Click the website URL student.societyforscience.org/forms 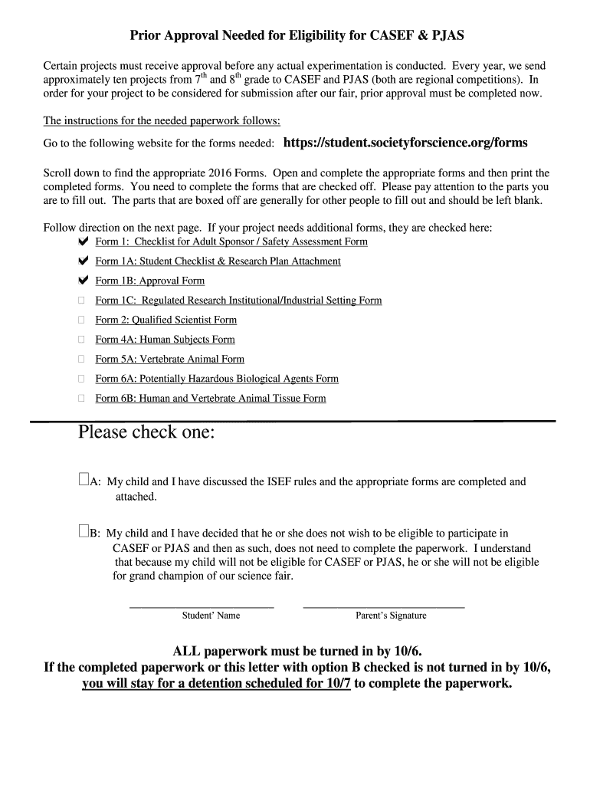click(x=405, y=143)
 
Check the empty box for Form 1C click(x=82, y=301)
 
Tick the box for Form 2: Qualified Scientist click(x=82, y=320)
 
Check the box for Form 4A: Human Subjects click(x=82, y=340)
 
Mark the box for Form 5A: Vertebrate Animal click(x=82, y=359)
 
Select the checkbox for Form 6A click(x=82, y=379)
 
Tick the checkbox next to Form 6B click(x=82, y=398)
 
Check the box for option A click(x=84, y=481)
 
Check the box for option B click(x=84, y=531)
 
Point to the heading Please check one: click(x=146, y=433)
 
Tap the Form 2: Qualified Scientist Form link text click(x=166, y=320)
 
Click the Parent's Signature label click(x=391, y=616)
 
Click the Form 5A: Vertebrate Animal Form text click(x=169, y=360)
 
